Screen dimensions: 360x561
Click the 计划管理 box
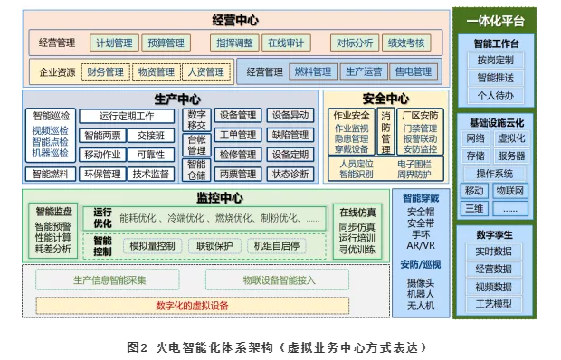click(114, 43)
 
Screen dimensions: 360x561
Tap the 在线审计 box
click(285, 43)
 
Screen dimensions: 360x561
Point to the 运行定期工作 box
click(127, 116)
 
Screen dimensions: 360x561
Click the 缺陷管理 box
click(290, 135)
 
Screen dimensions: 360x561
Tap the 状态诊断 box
click(290, 174)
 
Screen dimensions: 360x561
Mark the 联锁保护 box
click(214, 245)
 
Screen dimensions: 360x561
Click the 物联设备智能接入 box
click(279, 280)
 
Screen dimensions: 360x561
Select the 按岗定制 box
click(495, 60)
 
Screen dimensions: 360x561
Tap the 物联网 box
click(511, 191)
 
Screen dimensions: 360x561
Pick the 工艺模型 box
click(494, 303)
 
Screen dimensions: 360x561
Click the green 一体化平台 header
click(495, 20)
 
